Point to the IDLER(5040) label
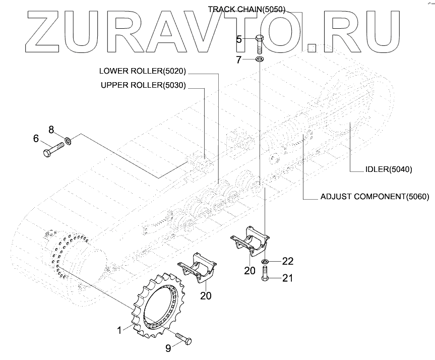click(388, 170)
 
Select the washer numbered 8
click(69, 140)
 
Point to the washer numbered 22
click(265, 262)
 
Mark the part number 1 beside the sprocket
click(119, 331)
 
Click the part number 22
click(287, 261)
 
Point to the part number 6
click(36, 138)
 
